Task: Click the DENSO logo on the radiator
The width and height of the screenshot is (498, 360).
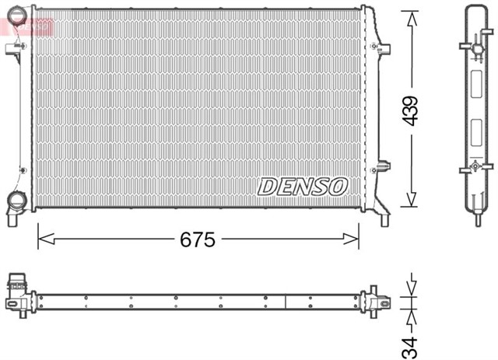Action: click(303, 185)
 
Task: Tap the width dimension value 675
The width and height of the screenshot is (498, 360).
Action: click(198, 239)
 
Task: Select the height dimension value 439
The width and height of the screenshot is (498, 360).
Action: click(411, 111)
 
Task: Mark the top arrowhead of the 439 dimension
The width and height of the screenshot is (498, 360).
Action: click(411, 15)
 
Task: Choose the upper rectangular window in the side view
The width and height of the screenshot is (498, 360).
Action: click(477, 81)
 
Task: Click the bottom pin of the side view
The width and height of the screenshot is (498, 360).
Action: click(477, 218)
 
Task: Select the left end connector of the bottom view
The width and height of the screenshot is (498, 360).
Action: click(17, 293)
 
